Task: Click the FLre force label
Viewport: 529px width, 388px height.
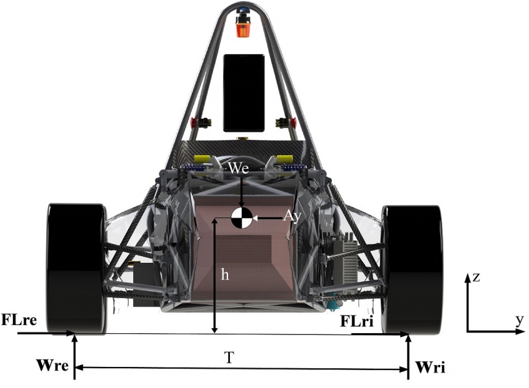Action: tap(19, 320)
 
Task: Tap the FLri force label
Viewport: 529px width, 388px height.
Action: tap(356, 321)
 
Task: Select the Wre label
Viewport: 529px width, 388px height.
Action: tap(52, 365)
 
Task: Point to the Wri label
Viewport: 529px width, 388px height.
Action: tap(430, 367)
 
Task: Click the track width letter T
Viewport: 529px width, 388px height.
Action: tap(229, 357)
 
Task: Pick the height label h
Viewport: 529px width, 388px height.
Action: tap(224, 275)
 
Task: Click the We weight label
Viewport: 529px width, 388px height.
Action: tap(239, 168)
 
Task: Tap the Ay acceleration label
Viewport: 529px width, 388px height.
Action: tap(292, 216)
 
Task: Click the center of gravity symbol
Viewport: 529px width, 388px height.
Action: tap(242, 218)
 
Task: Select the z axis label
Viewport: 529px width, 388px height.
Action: tap(477, 277)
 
